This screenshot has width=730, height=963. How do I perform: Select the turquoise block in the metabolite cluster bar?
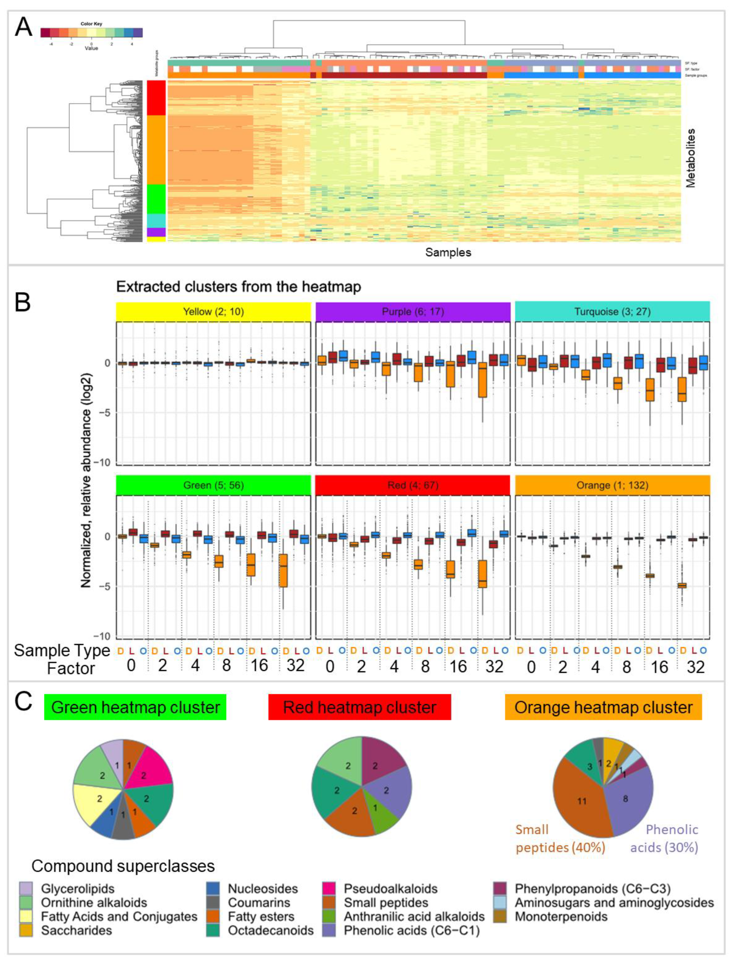pos(156,220)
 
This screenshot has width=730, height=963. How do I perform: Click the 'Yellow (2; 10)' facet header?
pos(213,312)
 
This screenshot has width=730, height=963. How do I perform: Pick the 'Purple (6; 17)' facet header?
pos(413,312)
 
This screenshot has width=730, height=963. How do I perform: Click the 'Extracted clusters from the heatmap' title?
pos(239,287)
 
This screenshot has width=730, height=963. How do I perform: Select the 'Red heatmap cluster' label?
pos(359,707)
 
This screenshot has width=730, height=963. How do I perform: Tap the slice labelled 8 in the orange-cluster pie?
pos(627,799)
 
